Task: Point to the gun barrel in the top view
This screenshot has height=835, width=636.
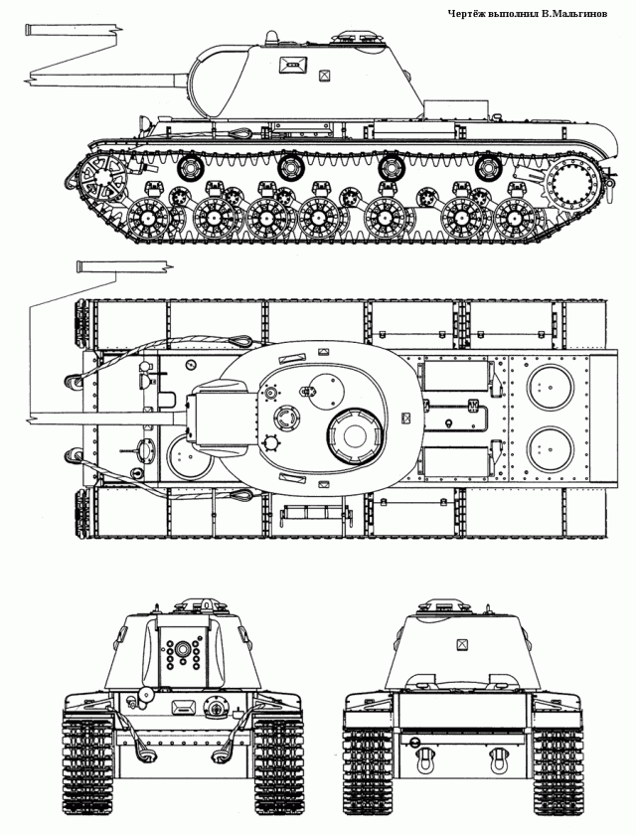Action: tap(109, 415)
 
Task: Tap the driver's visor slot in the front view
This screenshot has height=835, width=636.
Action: tap(184, 707)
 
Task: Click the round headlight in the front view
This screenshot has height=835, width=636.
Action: tap(146, 694)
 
